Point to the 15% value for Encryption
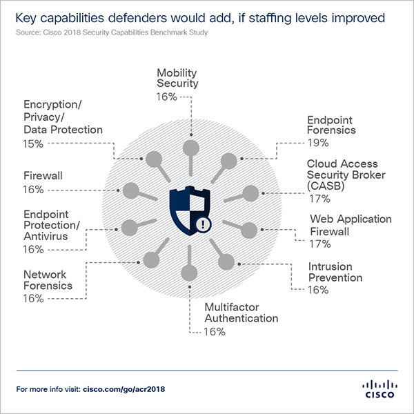tap(33, 144)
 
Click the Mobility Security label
tap(177, 78)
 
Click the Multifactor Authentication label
tap(241, 313)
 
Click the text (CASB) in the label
tap(328, 186)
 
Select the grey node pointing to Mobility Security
tap(191, 146)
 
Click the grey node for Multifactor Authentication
tap(188, 270)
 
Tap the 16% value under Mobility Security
tap(167, 97)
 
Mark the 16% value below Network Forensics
tap(33, 298)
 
